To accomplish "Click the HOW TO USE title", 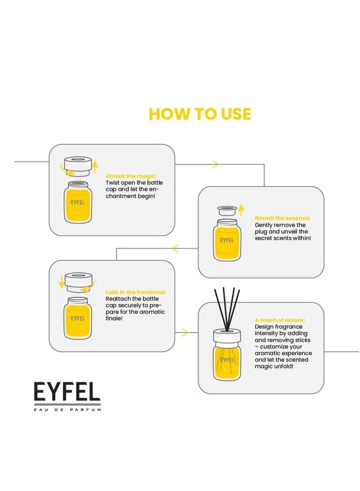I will click(x=200, y=114).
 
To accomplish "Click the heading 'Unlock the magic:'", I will click(x=131, y=176).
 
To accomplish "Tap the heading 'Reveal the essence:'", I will click(x=283, y=218).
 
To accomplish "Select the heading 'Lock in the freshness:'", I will click(x=135, y=292).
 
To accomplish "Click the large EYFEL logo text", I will click(x=67, y=392).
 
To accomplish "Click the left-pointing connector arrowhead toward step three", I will click(x=175, y=248).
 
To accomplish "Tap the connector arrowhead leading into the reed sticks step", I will click(x=184, y=333).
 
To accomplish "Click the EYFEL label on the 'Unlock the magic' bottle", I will click(x=78, y=203).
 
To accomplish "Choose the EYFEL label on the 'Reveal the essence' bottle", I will click(x=227, y=240).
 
